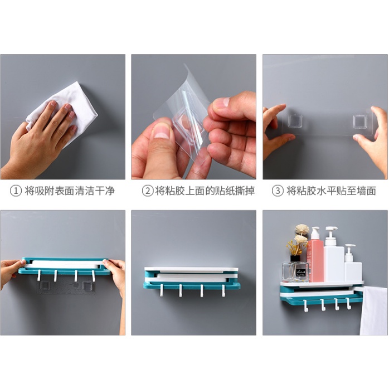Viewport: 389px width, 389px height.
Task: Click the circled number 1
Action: click(16, 191)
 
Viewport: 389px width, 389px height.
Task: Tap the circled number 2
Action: click(147, 191)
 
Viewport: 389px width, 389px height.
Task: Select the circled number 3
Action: click(278, 191)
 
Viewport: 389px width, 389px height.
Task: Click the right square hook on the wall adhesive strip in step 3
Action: click(360, 121)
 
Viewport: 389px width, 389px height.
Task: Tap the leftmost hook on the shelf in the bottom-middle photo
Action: click(162, 291)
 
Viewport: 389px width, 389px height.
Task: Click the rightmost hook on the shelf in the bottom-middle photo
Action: click(223, 291)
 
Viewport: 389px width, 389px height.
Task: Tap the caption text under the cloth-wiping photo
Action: click(70, 191)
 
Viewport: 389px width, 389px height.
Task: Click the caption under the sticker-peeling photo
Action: click(205, 191)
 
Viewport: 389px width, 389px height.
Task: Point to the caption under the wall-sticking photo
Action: click(331, 191)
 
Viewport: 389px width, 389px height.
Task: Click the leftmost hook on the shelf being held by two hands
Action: click(39, 275)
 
